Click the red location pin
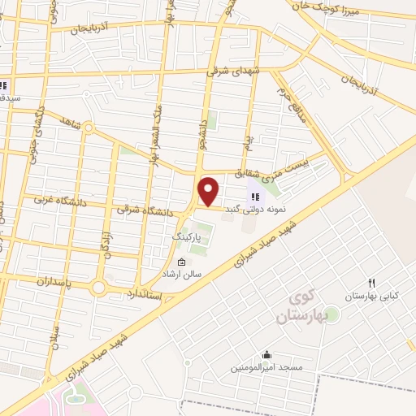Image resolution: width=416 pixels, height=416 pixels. (210, 191)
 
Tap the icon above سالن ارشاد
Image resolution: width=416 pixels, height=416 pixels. (180, 262)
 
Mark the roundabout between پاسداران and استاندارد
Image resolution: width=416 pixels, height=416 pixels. (99, 288)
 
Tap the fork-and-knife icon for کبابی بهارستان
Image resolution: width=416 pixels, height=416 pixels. (371, 283)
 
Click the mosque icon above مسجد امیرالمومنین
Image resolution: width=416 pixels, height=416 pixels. (266, 354)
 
